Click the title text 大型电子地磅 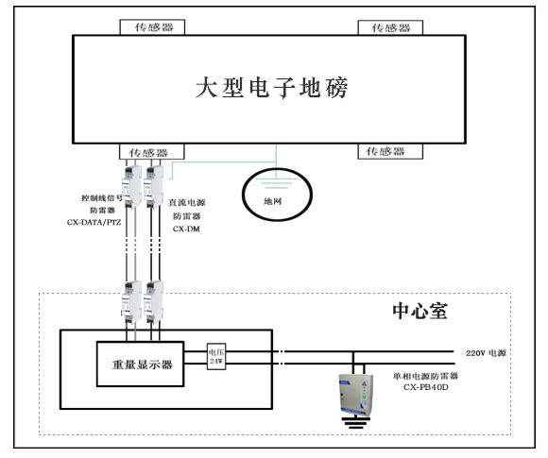pyautogui.click(x=272, y=90)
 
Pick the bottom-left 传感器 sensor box pyautogui.click(x=148, y=152)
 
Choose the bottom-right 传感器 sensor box pyautogui.click(x=385, y=152)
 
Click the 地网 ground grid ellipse pyautogui.click(x=272, y=193)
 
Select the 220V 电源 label pyautogui.click(x=487, y=351)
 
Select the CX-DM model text pyautogui.click(x=185, y=229)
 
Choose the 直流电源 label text pyautogui.click(x=187, y=202)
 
